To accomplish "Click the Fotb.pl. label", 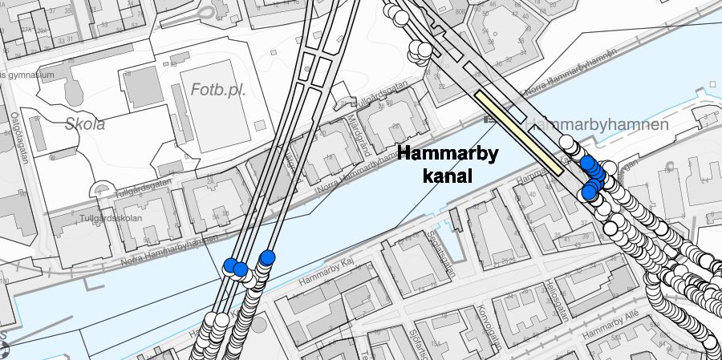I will (218, 90).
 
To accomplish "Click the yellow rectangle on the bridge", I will (518, 133).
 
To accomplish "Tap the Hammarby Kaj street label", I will (327, 275).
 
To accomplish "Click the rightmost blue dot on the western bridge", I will (267, 257).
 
